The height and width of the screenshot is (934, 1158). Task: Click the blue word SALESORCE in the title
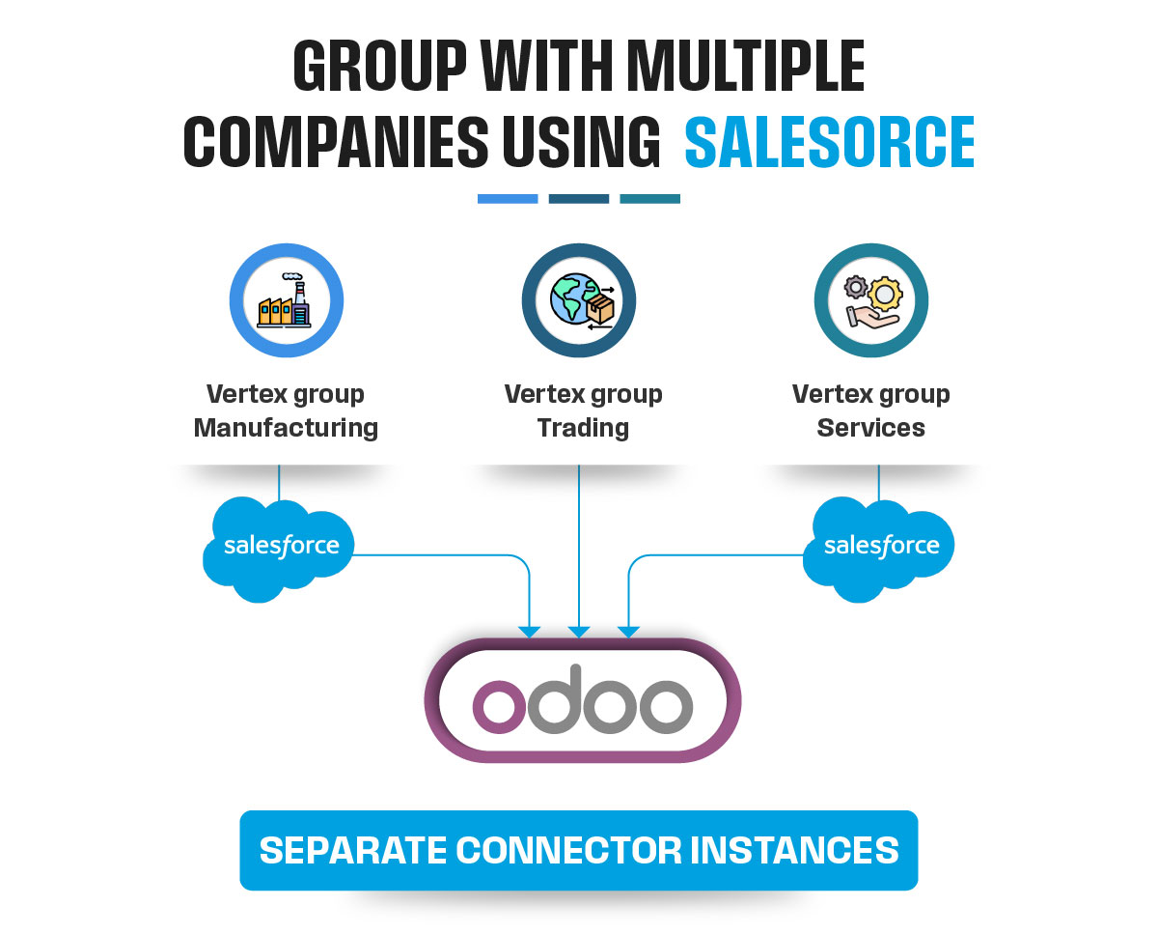829,143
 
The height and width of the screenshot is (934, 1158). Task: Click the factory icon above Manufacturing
287,300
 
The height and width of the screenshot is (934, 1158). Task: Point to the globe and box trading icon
579,300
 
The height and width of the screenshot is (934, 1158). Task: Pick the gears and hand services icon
871,300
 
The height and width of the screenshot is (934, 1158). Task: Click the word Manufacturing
286,428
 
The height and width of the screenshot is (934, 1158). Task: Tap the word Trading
583,428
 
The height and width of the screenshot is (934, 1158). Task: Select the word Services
870,428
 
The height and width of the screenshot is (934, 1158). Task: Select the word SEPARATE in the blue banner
352,850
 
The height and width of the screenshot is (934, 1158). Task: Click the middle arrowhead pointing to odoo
579,632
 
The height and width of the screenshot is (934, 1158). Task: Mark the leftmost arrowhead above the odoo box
530,632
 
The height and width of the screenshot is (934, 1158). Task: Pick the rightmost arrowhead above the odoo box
628,632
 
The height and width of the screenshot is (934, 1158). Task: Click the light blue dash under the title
508,199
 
